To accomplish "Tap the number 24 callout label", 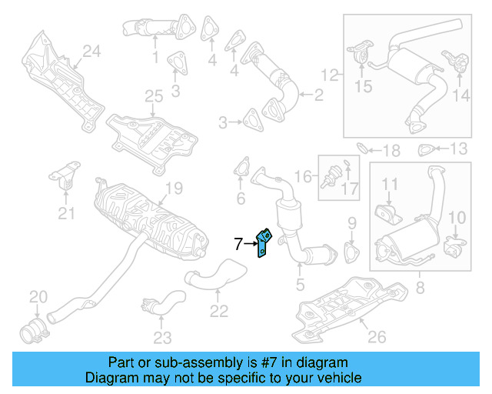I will pyautogui.click(x=91, y=52).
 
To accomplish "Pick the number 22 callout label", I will pyautogui.click(x=219, y=311).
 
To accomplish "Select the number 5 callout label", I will pyautogui.click(x=300, y=282).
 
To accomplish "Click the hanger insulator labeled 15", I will pyautogui.click(x=358, y=58).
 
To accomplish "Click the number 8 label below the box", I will pyautogui.click(x=419, y=290).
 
